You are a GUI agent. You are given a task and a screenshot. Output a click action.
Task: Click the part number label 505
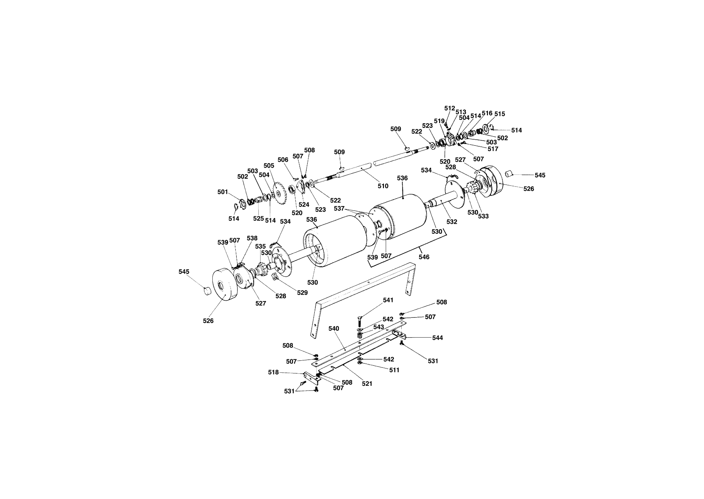[x=269, y=165]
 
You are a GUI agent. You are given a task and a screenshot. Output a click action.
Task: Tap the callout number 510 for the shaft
[x=383, y=186]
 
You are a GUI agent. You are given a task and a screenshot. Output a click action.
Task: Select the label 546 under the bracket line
[x=424, y=257]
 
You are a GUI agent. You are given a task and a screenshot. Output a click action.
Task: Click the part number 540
[x=334, y=329]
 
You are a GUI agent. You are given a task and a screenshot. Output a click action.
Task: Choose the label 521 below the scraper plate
[x=367, y=384]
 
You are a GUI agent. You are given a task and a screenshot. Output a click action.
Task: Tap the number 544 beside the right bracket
[x=437, y=338]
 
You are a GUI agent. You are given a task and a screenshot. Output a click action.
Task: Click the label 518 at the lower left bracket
[x=273, y=372]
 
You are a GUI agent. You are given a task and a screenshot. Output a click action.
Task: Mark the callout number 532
[x=452, y=222]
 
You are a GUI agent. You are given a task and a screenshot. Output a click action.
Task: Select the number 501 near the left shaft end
[x=223, y=192]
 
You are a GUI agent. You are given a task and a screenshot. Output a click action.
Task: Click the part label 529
[x=302, y=292]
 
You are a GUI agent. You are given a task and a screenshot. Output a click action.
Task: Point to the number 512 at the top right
[x=450, y=108]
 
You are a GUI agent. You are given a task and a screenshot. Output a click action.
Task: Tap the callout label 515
[x=500, y=114]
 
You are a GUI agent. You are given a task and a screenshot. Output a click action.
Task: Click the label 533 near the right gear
[x=483, y=216]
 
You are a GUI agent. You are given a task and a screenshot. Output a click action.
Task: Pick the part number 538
[x=252, y=238]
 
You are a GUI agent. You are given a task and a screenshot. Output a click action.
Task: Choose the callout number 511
[x=394, y=370]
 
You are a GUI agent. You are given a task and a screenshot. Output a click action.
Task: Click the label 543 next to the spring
[x=379, y=327]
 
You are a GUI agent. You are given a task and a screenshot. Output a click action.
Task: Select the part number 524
[x=304, y=205]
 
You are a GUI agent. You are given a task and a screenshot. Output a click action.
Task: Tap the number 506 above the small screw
[x=283, y=160]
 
